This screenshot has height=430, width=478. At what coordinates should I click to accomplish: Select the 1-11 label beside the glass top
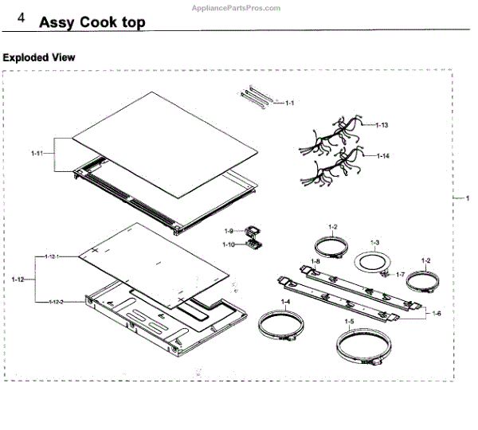click(37, 152)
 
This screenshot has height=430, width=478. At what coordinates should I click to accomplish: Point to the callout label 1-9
click(229, 231)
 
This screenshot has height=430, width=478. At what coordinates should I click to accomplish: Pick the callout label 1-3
click(374, 241)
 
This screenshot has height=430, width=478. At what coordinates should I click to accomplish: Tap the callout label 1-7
click(401, 273)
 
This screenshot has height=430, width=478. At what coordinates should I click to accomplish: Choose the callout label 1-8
click(315, 261)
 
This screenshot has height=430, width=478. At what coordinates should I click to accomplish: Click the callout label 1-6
click(437, 315)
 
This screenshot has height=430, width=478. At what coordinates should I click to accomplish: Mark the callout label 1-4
click(284, 302)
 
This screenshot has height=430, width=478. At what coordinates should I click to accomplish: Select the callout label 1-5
click(349, 321)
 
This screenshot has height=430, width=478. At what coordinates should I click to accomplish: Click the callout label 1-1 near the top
click(290, 104)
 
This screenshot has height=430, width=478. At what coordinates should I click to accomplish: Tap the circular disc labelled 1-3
click(371, 264)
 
